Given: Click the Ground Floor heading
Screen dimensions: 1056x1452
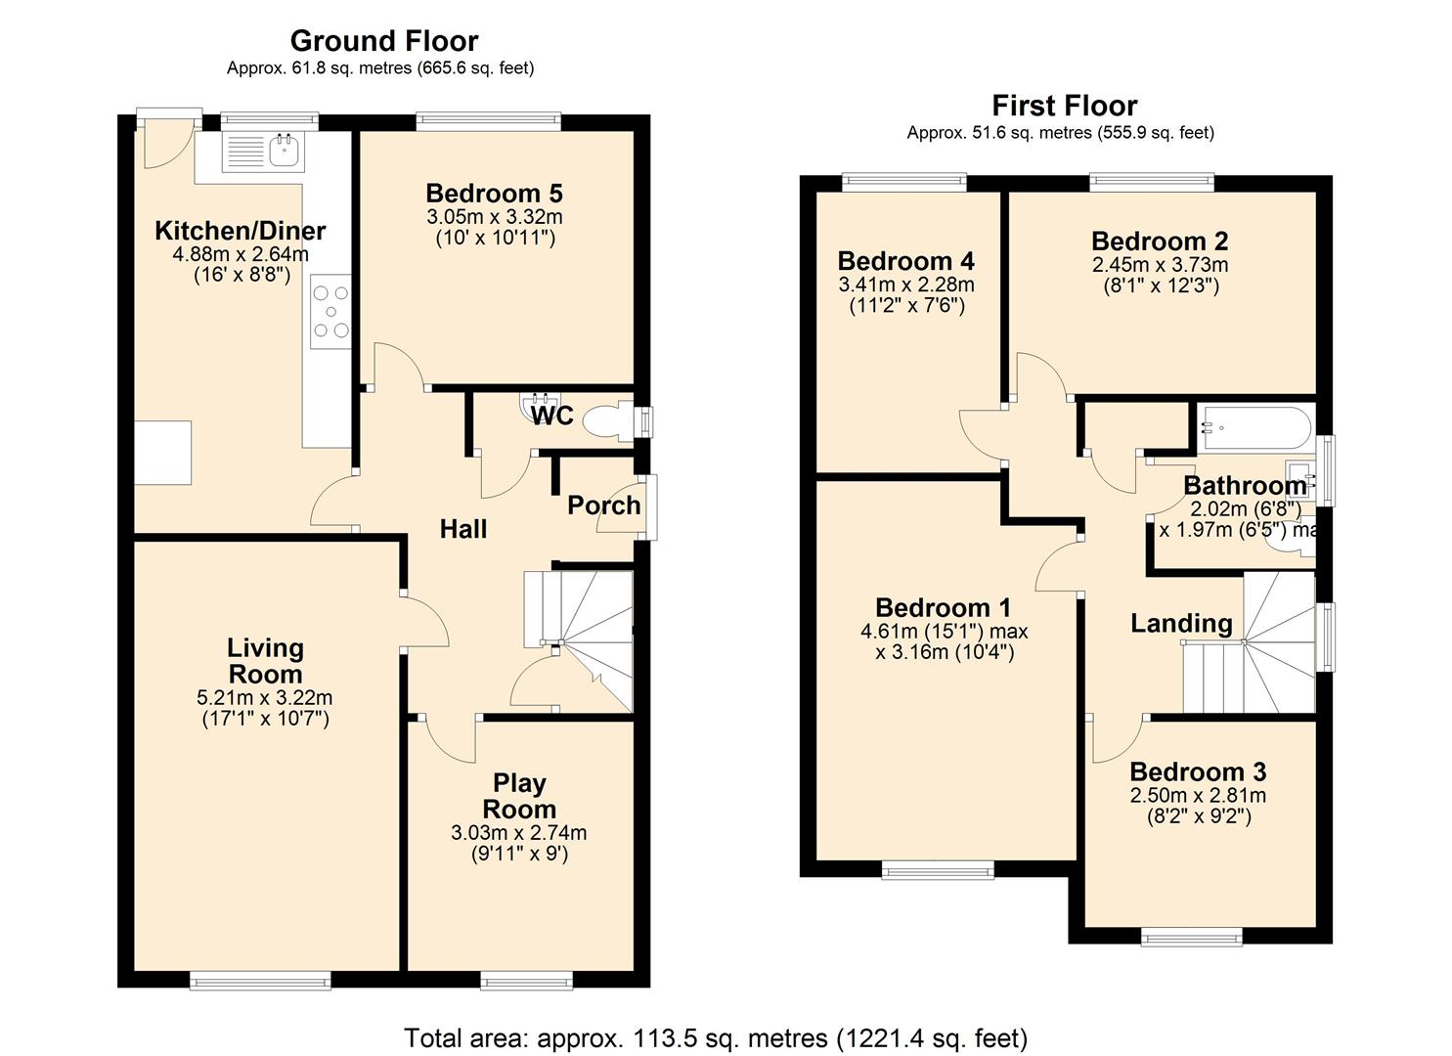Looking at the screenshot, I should click(x=383, y=41).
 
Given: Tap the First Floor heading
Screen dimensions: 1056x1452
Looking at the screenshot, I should click(x=1064, y=106).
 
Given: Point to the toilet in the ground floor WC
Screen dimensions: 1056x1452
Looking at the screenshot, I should click(x=606, y=422).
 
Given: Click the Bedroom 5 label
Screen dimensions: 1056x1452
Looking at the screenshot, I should click(x=494, y=194).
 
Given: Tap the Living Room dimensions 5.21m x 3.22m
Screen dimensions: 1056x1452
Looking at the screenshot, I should click(x=264, y=698).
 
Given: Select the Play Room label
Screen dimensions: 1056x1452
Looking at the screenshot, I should click(x=519, y=796).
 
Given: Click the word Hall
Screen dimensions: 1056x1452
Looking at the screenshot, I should click(x=463, y=529).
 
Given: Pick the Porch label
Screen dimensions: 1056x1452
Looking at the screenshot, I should click(x=603, y=506).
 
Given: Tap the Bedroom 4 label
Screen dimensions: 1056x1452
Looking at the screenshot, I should click(x=905, y=261).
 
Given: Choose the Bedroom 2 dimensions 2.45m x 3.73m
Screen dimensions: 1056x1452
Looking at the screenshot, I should click(x=1160, y=265).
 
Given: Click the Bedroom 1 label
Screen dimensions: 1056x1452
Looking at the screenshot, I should click(x=943, y=607).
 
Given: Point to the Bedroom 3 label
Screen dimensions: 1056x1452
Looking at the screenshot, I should click(x=1197, y=771).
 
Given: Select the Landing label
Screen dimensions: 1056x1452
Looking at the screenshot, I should click(x=1181, y=623).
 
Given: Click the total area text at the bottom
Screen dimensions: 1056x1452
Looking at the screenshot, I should click(x=715, y=1037).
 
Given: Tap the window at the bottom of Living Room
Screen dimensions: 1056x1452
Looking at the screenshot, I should click(x=260, y=981).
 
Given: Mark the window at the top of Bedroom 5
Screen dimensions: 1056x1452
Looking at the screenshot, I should click(x=488, y=121).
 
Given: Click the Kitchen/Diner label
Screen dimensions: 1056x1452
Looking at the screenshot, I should click(x=241, y=231).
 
